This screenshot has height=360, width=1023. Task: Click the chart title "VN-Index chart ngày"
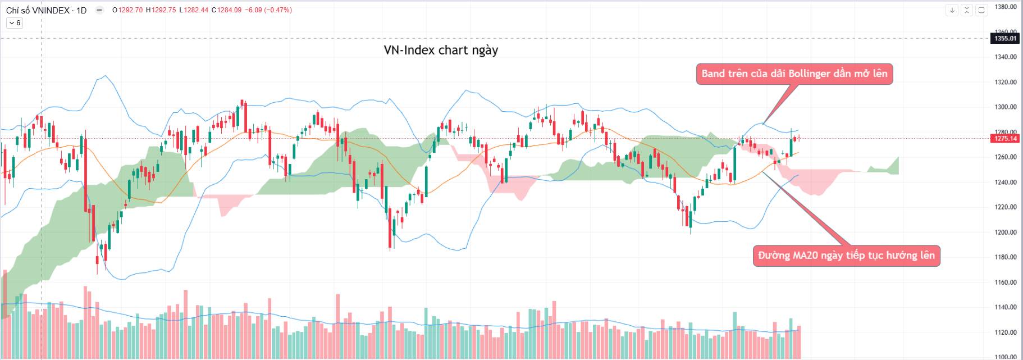coord(441,50)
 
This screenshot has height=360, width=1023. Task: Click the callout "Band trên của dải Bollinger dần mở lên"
coord(794,74)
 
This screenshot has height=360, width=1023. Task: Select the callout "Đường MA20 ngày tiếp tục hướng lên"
coord(846,256)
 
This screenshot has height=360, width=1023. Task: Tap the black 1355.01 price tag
coord(1005,38)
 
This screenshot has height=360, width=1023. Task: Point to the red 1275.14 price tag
coord(1005,139)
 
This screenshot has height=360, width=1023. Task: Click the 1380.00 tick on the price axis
coord(1005,7)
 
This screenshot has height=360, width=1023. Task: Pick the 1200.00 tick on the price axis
coord(1005,232)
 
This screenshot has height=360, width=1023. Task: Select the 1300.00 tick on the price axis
coord(1005,107)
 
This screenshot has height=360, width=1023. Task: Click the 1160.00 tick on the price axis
coord(1005,282)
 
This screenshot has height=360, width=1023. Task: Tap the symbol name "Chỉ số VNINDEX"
coord(38,10)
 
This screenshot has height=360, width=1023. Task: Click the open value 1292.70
coord(130,10)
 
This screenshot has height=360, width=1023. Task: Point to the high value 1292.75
coord(163,10)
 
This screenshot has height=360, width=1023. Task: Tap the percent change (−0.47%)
coord(278,10)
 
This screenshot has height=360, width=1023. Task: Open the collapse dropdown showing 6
coord(15,23)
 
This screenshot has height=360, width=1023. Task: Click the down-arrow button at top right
coord(952,10)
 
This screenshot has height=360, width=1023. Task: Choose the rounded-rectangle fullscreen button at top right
coord(981,10)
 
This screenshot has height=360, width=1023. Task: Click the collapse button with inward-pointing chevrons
coord(967,10)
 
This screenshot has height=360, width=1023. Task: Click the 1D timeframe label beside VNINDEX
coord(81,10)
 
